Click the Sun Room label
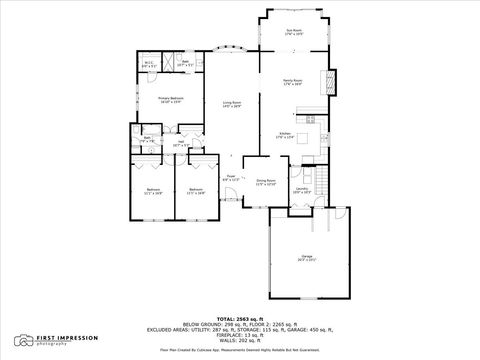pos(292,33)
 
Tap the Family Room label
pos(292,83)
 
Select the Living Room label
pos(233,104)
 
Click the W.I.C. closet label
pos(148,66)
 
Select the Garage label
pos(306,258)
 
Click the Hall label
pos(181,143)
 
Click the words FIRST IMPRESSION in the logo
pos(63,338)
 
